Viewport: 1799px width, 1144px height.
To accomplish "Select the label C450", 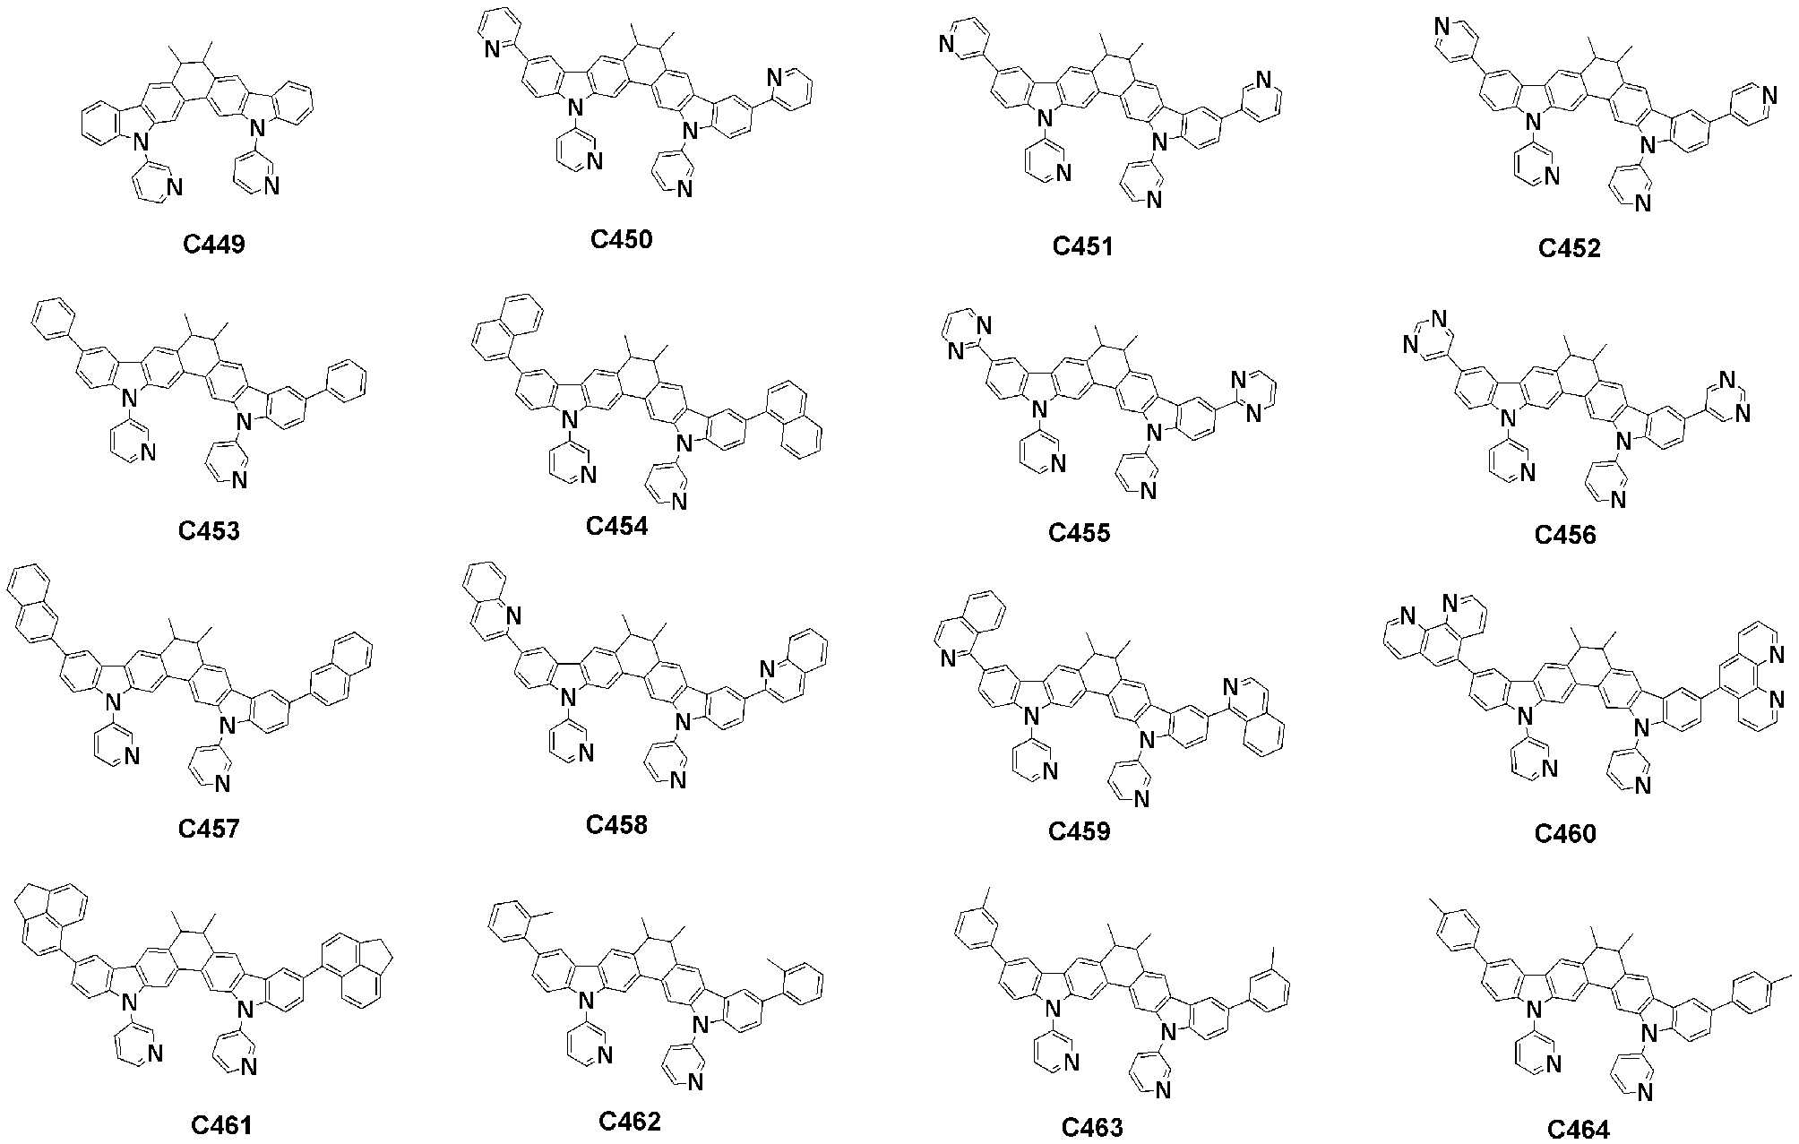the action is point(622,240).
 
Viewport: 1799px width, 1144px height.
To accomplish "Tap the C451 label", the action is point(1082,246).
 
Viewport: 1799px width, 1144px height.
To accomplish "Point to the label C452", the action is point(1569,248).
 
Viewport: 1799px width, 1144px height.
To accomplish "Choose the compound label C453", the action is point(210,531).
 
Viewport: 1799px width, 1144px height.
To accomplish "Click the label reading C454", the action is point(617,526).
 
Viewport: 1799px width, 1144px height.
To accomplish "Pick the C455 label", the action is point(1080,533).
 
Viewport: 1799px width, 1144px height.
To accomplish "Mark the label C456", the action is point(1565,536).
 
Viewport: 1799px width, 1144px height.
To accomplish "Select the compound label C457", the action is point(210,829).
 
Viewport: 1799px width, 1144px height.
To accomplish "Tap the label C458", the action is point(617,824).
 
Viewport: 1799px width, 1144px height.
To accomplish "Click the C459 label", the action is point(1080,831).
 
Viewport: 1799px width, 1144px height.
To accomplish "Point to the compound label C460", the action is point(1565,834).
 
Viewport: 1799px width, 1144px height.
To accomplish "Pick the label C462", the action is point(630,1121).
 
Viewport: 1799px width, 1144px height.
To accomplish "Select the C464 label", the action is point(1578,1131).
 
